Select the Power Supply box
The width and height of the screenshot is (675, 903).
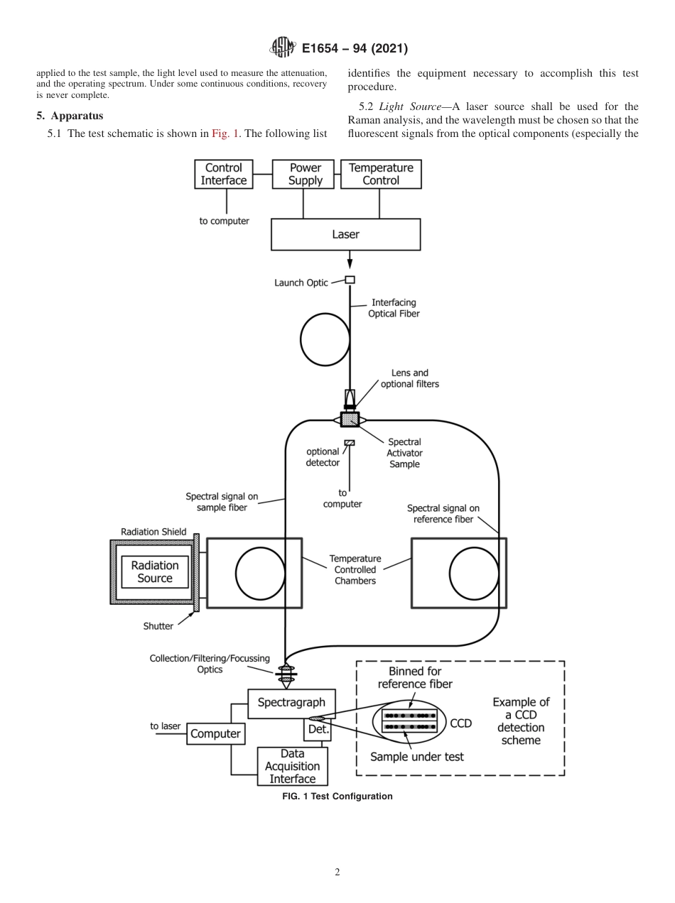pyautogui.click(x=305, y=174)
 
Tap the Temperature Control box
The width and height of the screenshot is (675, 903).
pyautogui.click(x=381, y=174)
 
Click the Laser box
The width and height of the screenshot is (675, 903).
pyautogui.click(x=345, y=234)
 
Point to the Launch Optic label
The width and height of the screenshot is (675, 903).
pyautogui.click(x=301, y=283)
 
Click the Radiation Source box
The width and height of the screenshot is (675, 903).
pyautogui.click(x=154, y=572)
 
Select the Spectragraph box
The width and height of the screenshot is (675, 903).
pyautogui.click(x=291, y=703)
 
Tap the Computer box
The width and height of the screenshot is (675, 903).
pyautogui.click(x=215, y=733)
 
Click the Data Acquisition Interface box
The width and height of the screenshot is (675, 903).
pyautogui.click(x=292, y=766)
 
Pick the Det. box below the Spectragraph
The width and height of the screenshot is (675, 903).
pyautogui.click(x=316, y=729)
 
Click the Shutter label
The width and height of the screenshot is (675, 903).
pyautogui.click(x=158, y=626)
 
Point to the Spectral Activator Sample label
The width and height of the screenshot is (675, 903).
pyautogui.click(x=404, y=453)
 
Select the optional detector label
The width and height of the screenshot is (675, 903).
pyautogui.click(x=322, y=457)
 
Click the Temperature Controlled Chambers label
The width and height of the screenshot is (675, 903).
pyautogui.click(x=356, y=570)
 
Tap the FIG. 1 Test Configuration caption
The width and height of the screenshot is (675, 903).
pyautogui.click(x=337, y=797)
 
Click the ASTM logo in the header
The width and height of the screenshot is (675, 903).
pyautogui.click(x=283, y=48)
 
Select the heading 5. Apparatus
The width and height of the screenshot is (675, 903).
pyautogui.click(x=70, y=116)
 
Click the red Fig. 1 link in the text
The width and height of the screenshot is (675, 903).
pyautogui.click(x=226, y=133)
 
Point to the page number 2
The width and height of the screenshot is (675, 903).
pyautogui.click(x=337, y=872)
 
